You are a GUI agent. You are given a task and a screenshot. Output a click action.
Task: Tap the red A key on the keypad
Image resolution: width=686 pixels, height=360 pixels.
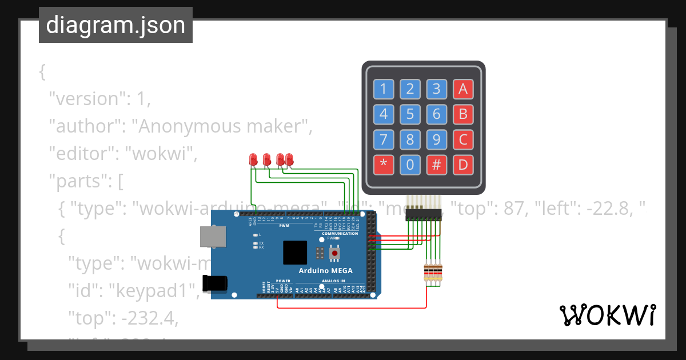click(463, 89)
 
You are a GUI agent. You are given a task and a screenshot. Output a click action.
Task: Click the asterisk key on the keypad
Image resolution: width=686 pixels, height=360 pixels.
click(383, 165)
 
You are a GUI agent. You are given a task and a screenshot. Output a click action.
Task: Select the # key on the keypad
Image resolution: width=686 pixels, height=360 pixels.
click(436, 165)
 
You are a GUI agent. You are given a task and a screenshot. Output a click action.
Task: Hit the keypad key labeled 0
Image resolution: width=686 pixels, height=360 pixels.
click(410, 165)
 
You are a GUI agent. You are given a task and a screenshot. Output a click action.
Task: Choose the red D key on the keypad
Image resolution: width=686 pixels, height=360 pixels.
click(463, 165)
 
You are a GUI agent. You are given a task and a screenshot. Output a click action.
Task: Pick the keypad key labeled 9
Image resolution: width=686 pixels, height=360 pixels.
click(436, 139)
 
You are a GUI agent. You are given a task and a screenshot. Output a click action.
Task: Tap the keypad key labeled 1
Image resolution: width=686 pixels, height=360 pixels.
click(383, 89)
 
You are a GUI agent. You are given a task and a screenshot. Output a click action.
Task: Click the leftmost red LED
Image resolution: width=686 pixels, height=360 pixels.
click(253, 159)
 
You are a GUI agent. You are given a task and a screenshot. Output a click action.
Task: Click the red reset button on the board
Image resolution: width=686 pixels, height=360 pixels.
click(334, 252)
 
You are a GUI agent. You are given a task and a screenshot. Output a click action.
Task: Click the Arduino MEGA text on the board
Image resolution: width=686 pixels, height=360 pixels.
click(325, 270)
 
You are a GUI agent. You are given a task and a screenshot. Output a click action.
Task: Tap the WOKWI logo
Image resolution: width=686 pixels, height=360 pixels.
click(607, 315)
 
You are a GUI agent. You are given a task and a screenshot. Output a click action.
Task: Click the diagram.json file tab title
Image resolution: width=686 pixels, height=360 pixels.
click(115, 25)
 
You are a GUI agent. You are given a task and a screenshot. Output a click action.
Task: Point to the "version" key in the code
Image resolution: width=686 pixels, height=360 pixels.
click(83, 99)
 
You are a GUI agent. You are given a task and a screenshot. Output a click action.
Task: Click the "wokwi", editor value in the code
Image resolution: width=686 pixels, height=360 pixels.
click(161, 154)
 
